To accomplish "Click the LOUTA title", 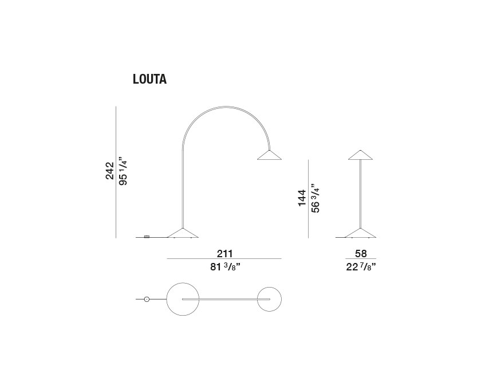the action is coord(149,79).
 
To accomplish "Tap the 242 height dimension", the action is coord(109,171).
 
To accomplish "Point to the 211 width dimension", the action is coord(225,254).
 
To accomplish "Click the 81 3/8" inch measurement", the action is coord(225,267).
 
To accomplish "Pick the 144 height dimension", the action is coord(302,198).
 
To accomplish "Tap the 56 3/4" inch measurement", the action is coord(316,199).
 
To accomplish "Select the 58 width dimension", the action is coord(361,254).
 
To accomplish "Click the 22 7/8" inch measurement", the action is coord(361,267).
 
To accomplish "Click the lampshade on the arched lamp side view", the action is coord(269,155).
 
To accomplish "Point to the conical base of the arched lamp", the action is coord(183,233).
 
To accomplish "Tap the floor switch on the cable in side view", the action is coord(147,237).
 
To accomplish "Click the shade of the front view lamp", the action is coord(360,155).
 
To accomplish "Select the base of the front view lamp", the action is coord(360,233).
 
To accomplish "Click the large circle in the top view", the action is coord(183,299).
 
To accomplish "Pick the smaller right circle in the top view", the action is coord(269,299).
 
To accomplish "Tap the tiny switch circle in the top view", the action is coord(147,299).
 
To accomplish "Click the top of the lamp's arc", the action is coord(226,107).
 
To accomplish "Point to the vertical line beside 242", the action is coord(116,172).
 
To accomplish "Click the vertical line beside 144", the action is coord(308,199).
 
